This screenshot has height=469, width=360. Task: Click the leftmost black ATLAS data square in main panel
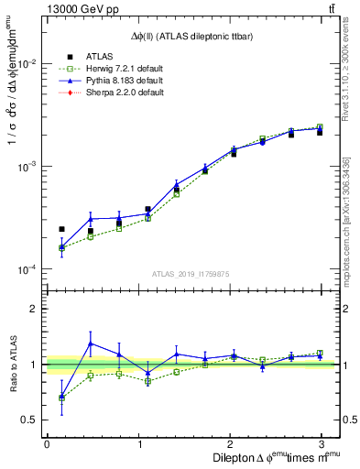click(x=61, y=229)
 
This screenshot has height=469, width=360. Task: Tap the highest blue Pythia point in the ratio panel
click(x=90, y=344)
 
